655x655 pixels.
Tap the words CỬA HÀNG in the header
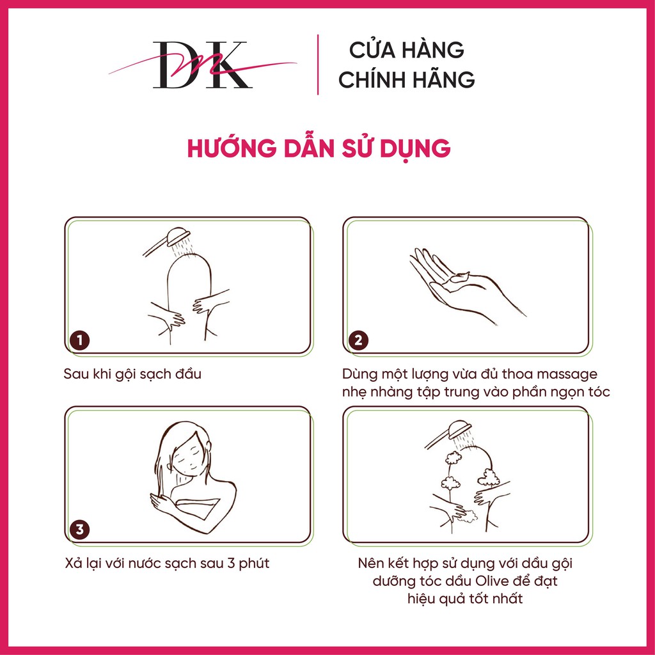click(x=407, y=50)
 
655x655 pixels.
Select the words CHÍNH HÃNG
click(x=407, y=80)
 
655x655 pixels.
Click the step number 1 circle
click(x=79, y=340)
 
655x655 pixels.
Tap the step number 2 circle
click(x=358, y=340)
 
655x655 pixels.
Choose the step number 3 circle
click(x=79, y=530)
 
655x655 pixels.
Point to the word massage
click(x=568, y=374)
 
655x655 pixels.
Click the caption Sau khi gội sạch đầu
click(x=132, y=374)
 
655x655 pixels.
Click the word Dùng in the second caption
click(x=359, y=374)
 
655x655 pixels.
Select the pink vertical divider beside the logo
click(x=318, y=65)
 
